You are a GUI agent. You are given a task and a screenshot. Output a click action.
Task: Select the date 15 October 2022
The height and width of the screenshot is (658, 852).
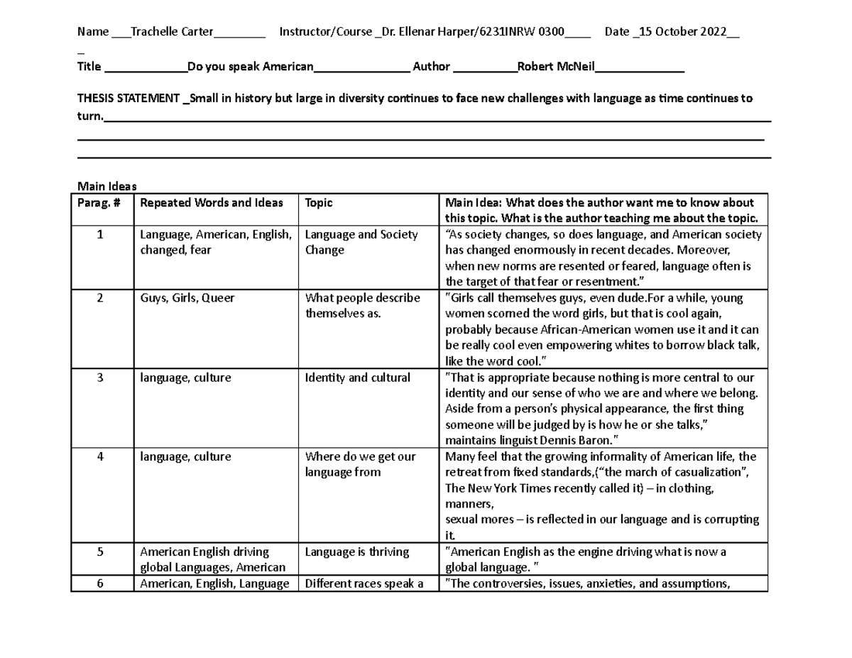683,32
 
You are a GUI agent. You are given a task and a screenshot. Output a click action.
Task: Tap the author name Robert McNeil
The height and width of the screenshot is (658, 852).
556,67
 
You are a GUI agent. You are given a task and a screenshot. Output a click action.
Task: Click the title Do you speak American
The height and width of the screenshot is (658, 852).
249,67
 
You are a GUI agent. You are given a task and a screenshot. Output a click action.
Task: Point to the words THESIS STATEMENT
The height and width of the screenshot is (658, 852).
129,99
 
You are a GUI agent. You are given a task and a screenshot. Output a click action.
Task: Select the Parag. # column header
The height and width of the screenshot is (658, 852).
99,203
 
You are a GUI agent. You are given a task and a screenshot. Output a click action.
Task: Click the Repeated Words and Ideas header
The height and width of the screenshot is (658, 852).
212,203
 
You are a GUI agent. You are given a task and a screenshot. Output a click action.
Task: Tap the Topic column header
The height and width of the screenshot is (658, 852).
319,203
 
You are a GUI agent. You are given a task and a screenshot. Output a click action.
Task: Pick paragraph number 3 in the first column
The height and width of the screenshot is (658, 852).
100,378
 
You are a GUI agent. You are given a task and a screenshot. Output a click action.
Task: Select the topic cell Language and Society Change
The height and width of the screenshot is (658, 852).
361,242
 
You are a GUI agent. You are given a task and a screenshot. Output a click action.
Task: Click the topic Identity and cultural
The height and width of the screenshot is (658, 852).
358,378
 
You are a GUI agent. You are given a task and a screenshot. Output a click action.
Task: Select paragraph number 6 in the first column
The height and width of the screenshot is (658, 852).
100,584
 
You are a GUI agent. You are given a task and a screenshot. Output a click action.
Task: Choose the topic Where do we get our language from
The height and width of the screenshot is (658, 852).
360,464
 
